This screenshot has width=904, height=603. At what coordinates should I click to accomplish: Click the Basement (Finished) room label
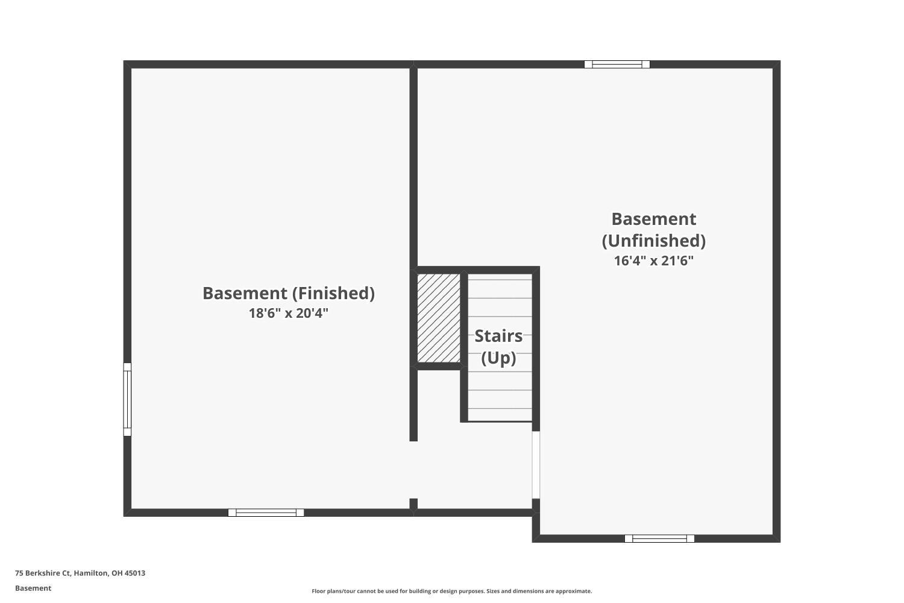coord(288,293)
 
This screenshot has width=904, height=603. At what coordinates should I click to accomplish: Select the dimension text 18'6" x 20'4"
coord(288,314)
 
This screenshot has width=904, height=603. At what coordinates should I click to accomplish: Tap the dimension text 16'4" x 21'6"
coord(654,261)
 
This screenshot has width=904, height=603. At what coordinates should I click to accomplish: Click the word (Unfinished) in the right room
coord(654,241)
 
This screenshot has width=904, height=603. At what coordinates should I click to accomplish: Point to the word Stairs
coord(498,336)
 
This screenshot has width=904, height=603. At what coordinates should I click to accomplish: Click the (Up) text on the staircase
coord(498,358)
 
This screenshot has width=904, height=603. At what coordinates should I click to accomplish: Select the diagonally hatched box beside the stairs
coord(439,318)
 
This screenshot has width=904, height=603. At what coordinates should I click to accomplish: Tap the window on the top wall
coord(617,65)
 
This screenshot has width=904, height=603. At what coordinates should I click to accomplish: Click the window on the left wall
coord(127,399)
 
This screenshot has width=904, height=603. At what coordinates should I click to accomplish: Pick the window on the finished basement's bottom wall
coord(266,513)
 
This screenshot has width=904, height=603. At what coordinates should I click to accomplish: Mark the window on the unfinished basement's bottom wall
coord(659,538)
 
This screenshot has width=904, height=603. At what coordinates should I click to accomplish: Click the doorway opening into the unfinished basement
coord(536,464)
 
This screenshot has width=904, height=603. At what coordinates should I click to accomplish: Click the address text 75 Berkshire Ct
coord(43,573)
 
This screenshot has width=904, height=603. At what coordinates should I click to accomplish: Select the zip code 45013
coord(135,573)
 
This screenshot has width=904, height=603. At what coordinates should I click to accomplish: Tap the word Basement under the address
coord(33,588)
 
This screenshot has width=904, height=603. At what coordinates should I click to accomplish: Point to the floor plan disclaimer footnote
coord(451,591)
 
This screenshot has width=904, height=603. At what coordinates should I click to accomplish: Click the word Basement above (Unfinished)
coord(654,219)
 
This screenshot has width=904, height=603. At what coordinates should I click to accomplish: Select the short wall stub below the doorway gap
coord(413,504)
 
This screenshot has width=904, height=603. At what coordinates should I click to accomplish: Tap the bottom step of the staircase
coord(500,415)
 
